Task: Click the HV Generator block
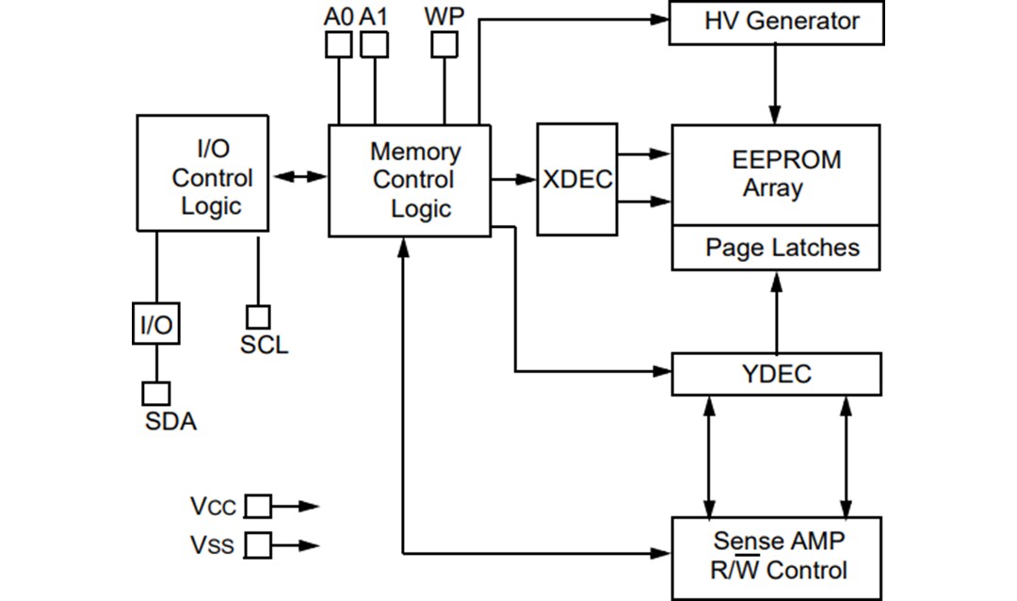776,23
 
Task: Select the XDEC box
576,179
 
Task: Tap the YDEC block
776,374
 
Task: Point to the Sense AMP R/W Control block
776,557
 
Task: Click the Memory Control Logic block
409,180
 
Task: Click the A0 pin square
338,44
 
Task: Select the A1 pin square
375,44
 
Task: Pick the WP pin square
444,44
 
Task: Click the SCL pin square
258,317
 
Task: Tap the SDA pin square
156,393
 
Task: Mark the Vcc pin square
258,507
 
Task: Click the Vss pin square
258,544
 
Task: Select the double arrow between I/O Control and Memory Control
298,176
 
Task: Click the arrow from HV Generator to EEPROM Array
776,84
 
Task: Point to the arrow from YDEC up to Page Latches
776,312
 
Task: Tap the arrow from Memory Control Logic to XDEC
513,179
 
